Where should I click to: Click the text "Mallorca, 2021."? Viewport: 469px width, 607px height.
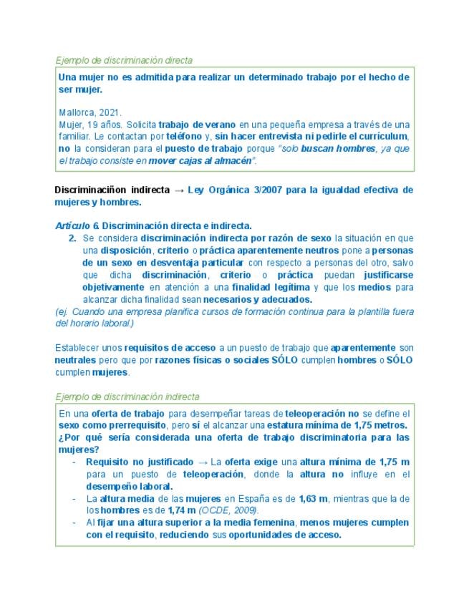[90, 112]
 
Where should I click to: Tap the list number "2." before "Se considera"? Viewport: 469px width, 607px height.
[72, 237]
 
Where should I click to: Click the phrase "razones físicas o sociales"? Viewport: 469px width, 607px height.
[202, 359]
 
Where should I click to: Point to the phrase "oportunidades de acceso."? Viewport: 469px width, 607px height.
[280, 535]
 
